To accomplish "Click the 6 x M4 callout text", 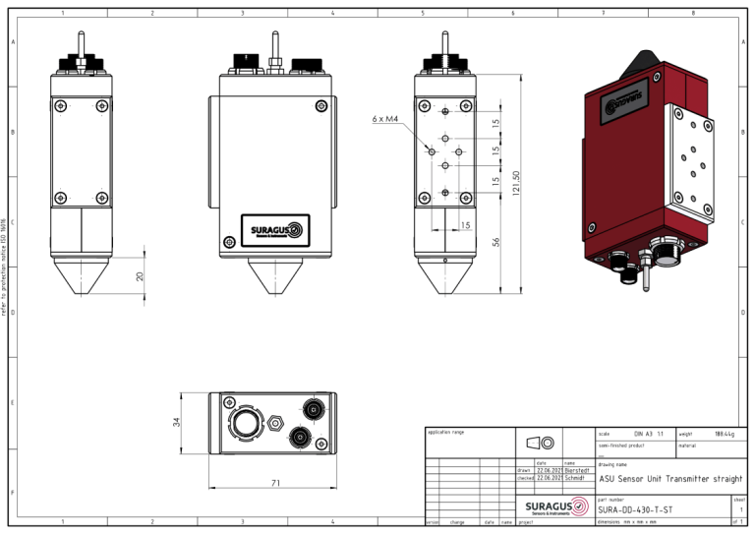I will (385, 119).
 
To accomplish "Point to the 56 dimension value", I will (496, 242).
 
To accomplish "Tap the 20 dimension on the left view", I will (140, 276).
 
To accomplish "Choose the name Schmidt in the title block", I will (574, 478).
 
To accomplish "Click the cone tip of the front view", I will (274, 292).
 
